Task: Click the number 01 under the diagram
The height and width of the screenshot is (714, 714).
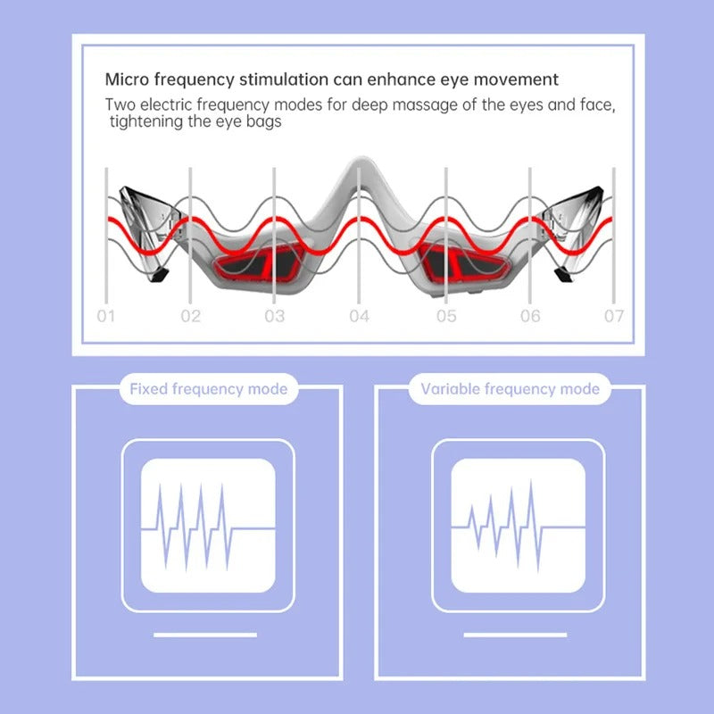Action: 106,316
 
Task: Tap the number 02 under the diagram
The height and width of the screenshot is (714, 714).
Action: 191,316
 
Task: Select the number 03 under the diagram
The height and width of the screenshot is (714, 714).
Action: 275,316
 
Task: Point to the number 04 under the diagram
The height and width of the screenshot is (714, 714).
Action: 360,316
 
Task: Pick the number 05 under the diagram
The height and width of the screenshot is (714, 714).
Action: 446,316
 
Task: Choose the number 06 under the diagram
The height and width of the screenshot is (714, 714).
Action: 530,316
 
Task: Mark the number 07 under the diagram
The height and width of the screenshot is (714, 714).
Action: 614,316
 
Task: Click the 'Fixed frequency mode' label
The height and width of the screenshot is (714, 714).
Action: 208,389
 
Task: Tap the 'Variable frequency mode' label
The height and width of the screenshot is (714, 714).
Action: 510,389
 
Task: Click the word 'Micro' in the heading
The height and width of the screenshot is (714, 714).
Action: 126,80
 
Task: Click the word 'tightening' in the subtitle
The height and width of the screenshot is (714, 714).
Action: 146,121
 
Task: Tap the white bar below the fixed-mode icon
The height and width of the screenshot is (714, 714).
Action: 205,635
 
